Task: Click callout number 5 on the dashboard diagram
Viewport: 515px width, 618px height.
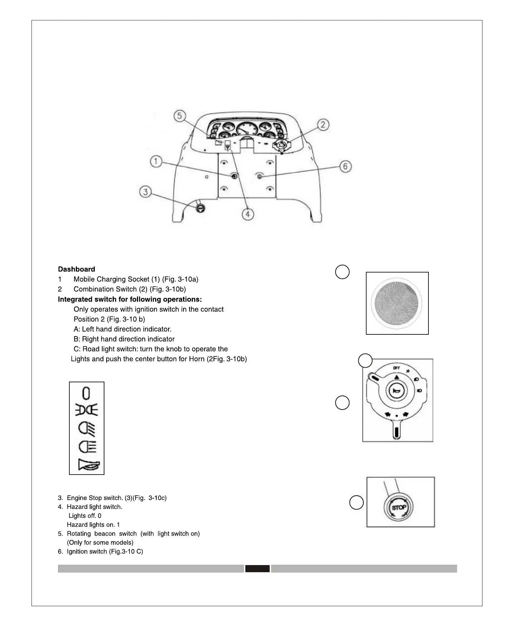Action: [x=180, y=116]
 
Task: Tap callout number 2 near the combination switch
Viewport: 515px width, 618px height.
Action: [x=323, y=125]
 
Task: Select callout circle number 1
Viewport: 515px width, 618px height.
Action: [x=156, y=162]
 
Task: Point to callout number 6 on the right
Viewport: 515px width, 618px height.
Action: [x=345, y=166]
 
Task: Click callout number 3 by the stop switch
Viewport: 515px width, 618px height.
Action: [x=145, y=192]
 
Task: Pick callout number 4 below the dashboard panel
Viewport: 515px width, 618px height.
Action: [x=247, y=214]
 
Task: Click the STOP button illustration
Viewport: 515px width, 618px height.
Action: [x=399, y=507]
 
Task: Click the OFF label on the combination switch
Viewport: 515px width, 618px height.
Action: [x=396, y=368]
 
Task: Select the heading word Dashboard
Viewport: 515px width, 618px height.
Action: [x=77, y=269]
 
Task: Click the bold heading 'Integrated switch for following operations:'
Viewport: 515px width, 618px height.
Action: [x=130, y=299]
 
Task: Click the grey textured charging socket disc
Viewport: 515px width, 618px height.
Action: [x=397, y=303]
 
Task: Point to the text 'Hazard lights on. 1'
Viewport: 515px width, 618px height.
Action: [x=93, y=525]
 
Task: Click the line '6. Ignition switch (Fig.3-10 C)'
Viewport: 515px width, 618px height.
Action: [x=100, y=551]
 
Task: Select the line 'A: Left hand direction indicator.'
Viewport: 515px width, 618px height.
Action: [x=122, y=329]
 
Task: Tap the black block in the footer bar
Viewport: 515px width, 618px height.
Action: [x=257, y=569]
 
